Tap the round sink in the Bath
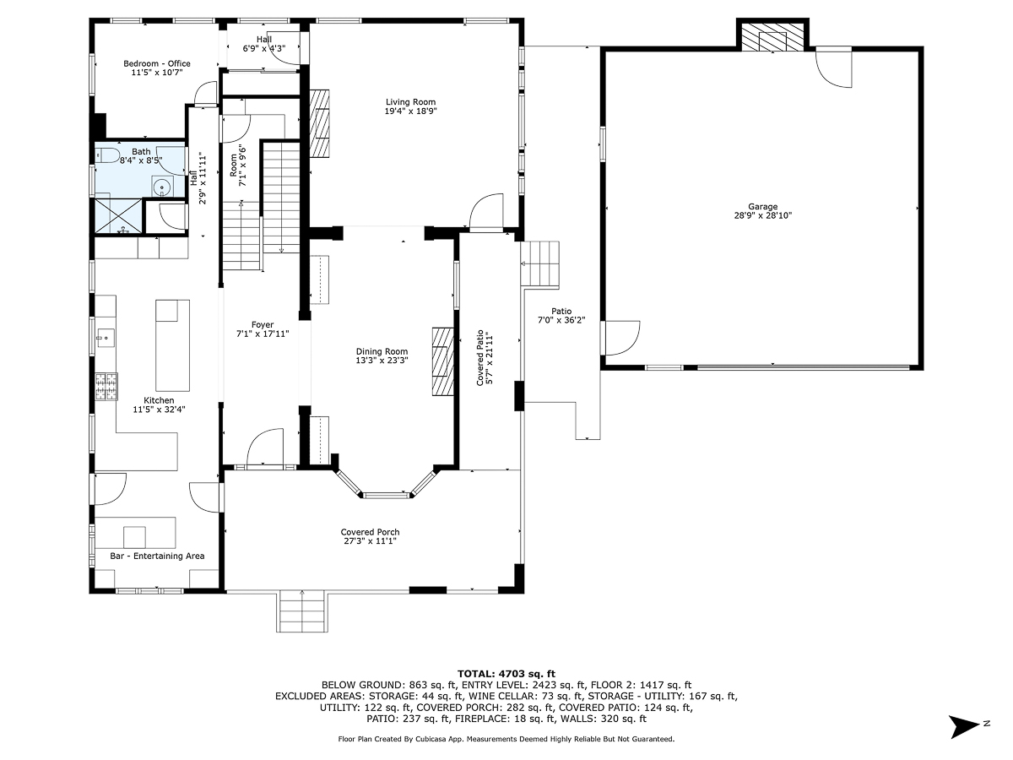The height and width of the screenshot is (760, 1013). pos(161,188)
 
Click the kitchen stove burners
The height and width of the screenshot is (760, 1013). pos(106,388)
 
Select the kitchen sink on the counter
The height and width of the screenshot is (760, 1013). pos(105,339)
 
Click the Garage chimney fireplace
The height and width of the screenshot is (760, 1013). pos(772,37)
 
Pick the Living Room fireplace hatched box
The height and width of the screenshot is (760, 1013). pos(319,123)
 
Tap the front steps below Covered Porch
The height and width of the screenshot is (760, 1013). pos(301,611)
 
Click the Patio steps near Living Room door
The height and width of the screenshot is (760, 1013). pos(540,263)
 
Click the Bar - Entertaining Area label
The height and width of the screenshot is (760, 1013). pos(157,556)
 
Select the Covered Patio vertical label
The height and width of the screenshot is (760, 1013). pos(484,358)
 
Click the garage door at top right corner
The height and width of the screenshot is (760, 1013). pos(836,68)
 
